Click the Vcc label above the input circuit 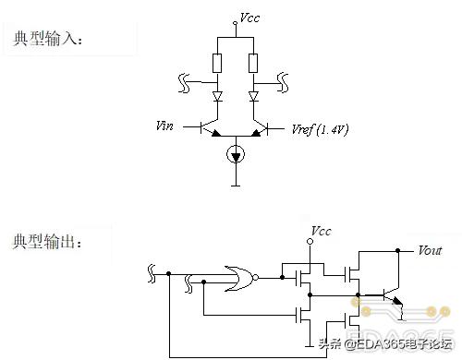248,18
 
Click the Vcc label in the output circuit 322,230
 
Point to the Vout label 431,249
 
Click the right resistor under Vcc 253,63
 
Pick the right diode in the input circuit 253,95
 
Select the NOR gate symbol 242,275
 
